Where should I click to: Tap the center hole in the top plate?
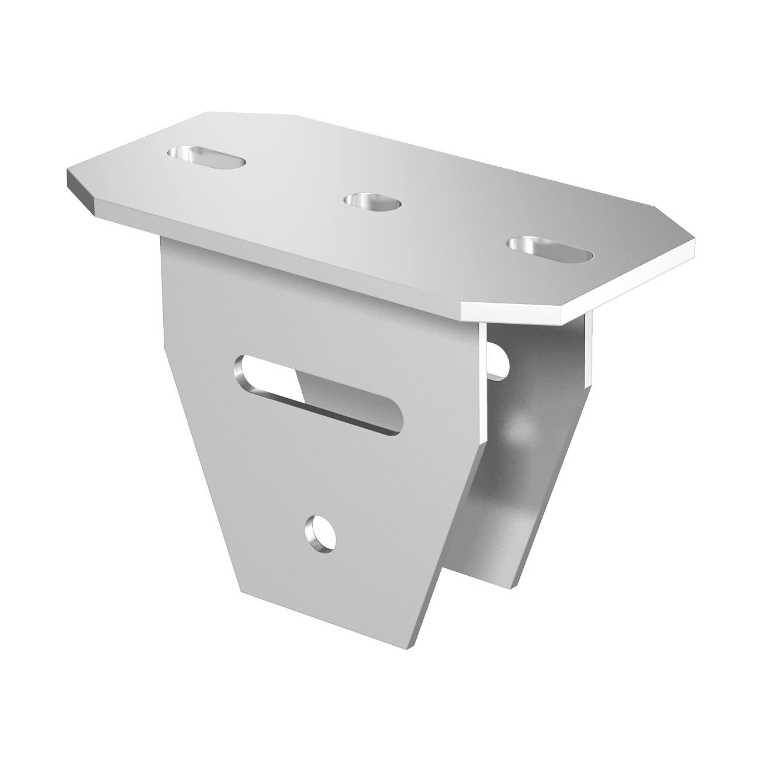(x=373, y=202)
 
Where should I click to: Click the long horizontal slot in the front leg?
(x=319, y=394)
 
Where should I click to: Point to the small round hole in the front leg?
(x=320, y=533)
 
